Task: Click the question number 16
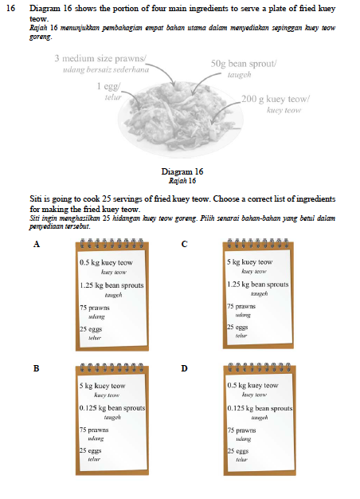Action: (x=10, y=8)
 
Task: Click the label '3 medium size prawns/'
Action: (x=100, y=58)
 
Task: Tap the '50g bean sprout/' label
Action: (x=243, y=64)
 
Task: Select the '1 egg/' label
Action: (x=109, y=86)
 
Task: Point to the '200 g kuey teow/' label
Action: (x=276, y=99)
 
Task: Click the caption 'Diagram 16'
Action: (x=182, y=171)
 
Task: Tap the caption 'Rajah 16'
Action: (x=182, y=181)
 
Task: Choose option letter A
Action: (x=37, y=244)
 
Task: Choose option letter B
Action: (x=37, y=368)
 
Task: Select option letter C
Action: (x=185, y=244)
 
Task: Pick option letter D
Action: (x=185, y=368)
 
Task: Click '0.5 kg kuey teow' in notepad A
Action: (x=106, y=263)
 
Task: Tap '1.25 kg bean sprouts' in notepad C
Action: (x=257, y=285)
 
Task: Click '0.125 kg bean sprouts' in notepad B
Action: (x=112, y=408)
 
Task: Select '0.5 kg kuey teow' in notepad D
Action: (x=252, y=385)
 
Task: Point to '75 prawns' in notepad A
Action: (x=95, y=308)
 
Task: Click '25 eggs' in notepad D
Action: (x=238, y=451)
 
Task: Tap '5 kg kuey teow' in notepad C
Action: (x=249, y=262)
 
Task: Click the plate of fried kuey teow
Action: (x=181, y=120)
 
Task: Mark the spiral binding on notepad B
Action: (x=112, y=367)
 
